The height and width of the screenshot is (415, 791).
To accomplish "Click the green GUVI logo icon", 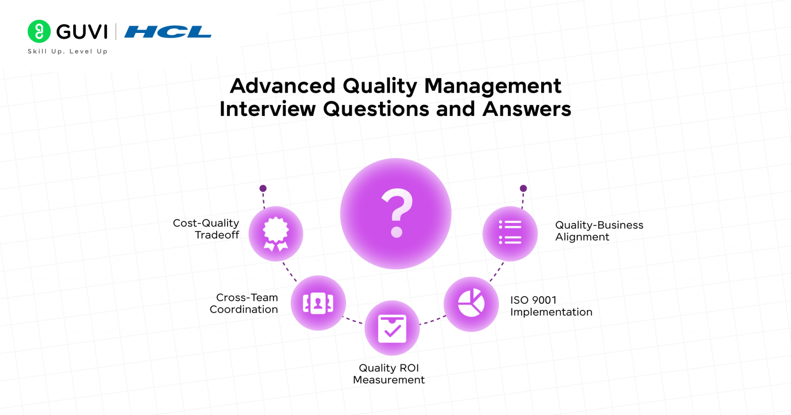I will coord(39,31).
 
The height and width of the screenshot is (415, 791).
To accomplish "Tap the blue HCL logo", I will coord(168,32).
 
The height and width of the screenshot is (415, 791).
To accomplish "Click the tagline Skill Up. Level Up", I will coord(67,51).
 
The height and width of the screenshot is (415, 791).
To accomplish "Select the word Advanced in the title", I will coord(282,85).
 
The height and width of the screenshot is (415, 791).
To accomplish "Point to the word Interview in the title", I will coord(267,109).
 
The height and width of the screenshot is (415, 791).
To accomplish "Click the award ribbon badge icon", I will coord(276,234).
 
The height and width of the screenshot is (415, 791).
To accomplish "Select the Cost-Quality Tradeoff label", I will coord(207,229).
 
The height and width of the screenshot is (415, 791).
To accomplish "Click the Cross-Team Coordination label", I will coord(244,303).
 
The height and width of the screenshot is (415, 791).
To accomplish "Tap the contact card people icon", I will coord(318,303).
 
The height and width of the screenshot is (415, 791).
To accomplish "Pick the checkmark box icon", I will coord(392,328).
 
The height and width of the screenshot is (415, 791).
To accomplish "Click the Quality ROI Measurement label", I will coord(389,374).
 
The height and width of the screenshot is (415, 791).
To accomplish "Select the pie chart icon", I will coord(471,303).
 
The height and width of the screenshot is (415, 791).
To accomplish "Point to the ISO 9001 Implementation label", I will coord(551,306).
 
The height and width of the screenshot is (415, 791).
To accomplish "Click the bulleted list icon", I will coord(510,233).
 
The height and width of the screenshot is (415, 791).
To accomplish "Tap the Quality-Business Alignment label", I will coord(599,231).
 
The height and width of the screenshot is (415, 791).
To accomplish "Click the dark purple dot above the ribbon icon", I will coord(263,188).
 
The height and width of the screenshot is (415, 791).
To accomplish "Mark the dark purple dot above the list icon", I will coord(523,188).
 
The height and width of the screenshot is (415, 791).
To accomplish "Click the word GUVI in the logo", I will coord(81,32).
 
